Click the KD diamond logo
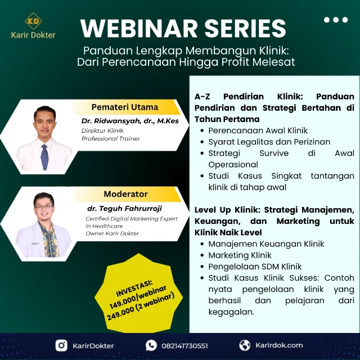pyautogui.click(x=33, y=21)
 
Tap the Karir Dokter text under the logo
pyautogui.click(x=33, y=35)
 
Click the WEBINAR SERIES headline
pyautogui.click(x=183, y=28)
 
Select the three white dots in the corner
pyautogui.click(x=336, y=20)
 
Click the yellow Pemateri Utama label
pyautogui.click(x=125, y=107)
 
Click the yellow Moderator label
pyautogui.click(x=125, y=194)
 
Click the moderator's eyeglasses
pyautogui.click(x=44, y=207)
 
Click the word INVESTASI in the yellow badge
pyautogui.click(x=134, y=286)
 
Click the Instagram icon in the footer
pyautogui.click(x=61, y=345)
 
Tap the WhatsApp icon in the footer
pyautogui.click(x=151, y=345)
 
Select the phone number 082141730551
pyautogui.click(x=185, y=345)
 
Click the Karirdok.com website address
pyautogui.click(x=278, y=345)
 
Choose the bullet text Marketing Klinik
pyautogui.click(x=240, y=255)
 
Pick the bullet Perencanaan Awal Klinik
pyautogui.click(x=258, y=130)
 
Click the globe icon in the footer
pyautogui.click(x=245, y=345)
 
